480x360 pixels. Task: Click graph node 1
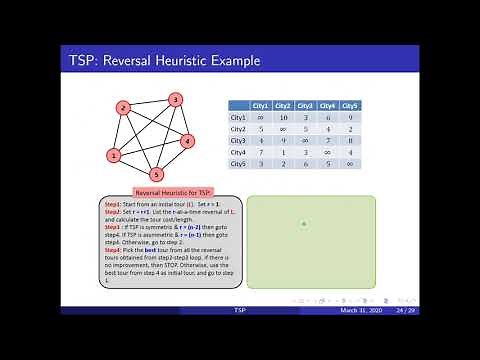point(114,155)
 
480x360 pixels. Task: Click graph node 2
point(122,107)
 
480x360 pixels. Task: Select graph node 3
point(174,100)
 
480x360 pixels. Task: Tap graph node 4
point(187,141)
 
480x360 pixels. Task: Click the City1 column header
point(260,105)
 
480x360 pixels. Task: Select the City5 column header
point(350,105)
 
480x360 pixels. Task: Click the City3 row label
point(238,140)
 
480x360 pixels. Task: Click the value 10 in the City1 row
point(283,117)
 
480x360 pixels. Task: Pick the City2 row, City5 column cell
point(350,128)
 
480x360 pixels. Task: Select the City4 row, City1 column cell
point(260,151)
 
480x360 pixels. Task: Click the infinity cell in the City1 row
point(260,117)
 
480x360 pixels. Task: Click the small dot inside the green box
point(304,224)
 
